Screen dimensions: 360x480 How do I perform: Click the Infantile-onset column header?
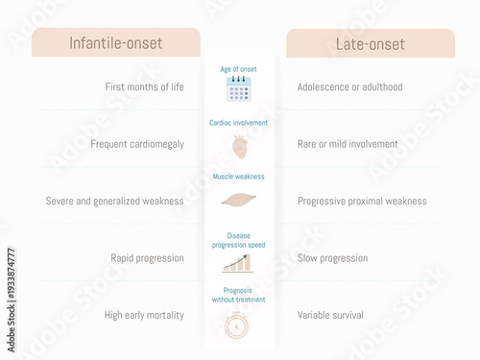(115, 43)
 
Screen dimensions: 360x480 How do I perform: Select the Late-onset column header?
(371, 43)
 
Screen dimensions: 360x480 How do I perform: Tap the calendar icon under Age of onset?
(238, 89)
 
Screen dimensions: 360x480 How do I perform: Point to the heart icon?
(239, 146)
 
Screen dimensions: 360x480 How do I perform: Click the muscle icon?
(238, 200)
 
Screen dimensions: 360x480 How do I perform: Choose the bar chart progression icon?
(237, 262)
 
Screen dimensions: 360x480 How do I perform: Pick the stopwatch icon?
(237, 324)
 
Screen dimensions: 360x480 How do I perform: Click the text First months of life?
(143, 87)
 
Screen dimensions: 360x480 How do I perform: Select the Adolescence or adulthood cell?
(349, 87)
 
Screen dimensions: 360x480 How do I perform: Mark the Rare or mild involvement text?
(348, 144)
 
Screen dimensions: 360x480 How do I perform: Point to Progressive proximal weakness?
(362, 202)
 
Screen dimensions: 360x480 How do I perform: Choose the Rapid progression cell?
(146, 258)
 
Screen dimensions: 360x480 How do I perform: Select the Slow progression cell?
(332, 258)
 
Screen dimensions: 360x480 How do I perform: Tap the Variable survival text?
(330, 315)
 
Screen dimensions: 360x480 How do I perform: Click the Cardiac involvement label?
(238, 123)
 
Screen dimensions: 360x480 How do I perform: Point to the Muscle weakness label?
(238, 177)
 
